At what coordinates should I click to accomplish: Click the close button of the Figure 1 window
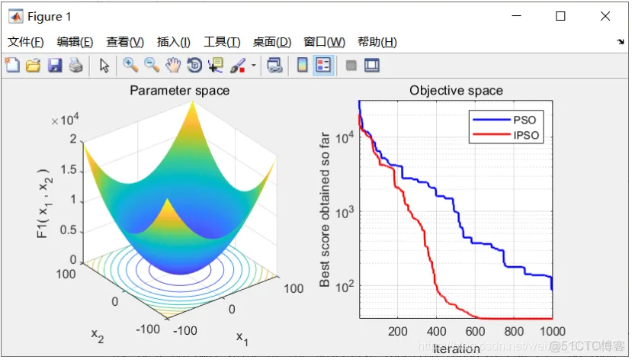pos(605,16)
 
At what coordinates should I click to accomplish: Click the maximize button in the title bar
pos(560,16)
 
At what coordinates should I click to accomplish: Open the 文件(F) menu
pos(25,42)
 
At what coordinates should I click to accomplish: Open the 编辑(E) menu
pos(75,42)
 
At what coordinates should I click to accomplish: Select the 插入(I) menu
pos(174,42)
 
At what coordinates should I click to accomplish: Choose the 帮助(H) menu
pos(377,42)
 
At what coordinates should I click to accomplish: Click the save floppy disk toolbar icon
pos(55,66)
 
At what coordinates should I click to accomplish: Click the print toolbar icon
pos(75,66)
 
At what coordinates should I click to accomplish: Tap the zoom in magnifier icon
pos(130,66)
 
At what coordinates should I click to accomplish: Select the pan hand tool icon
pos(173,66)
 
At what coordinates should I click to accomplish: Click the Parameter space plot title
pos(179,91)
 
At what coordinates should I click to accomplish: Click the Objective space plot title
pos(456,91)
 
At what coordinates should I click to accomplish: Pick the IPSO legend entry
pos(526,136)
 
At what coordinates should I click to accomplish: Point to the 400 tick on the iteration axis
pos(437,332)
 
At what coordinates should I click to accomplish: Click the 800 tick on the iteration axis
pos(515,332)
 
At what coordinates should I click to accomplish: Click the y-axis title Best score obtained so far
pos(326,210)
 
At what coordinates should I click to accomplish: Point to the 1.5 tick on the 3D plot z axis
pos(68,169)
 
